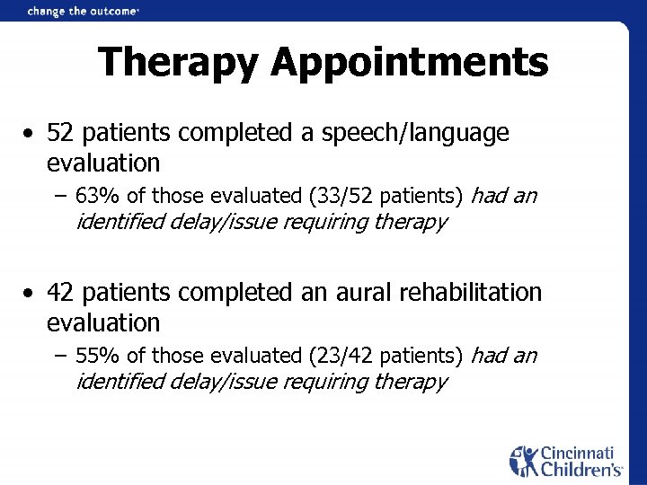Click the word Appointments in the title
click(409, 63)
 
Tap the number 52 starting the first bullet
click(59, 134)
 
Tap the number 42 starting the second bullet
click(59, 293)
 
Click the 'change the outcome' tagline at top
click(83, 11)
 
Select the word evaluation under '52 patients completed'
click(103, 163)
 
